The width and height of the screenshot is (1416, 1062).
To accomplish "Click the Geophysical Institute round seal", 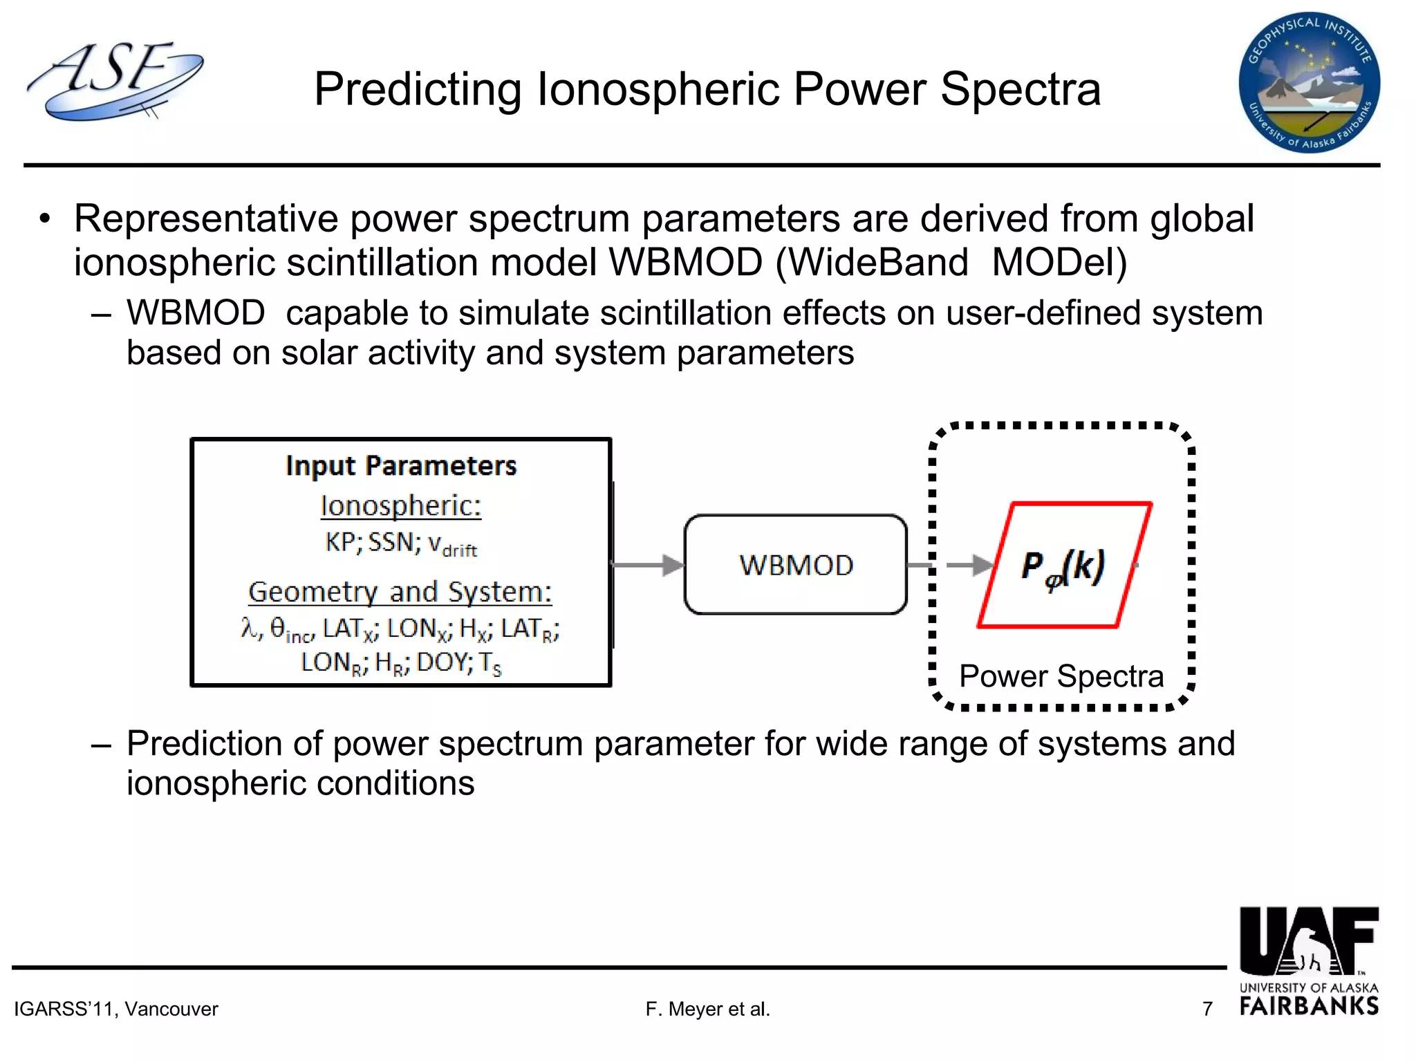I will [1309, 83].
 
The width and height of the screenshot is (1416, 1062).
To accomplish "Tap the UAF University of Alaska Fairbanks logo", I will [1309, 961].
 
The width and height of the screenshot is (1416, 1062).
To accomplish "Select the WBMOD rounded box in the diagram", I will [795, 565].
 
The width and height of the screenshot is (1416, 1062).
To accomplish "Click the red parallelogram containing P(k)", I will [1065, 565].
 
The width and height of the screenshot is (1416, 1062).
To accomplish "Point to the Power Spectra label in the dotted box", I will [1061, 676].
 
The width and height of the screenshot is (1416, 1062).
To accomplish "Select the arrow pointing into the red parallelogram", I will [968, 565].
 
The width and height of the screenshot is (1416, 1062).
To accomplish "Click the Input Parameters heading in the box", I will [401, 466].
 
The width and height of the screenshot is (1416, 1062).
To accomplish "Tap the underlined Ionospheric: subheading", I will [401, 506].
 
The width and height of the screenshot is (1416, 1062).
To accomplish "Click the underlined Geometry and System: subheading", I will [400, 592].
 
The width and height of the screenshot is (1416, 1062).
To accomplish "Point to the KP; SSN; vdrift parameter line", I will [401, 543].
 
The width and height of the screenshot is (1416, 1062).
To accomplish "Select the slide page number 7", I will [1207, 1009].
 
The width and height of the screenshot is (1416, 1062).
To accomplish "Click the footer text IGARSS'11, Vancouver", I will [116, 1009].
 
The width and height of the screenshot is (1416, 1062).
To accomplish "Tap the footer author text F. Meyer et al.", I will [707, 1009].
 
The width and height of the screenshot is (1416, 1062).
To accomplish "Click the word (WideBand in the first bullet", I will [872, 263].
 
